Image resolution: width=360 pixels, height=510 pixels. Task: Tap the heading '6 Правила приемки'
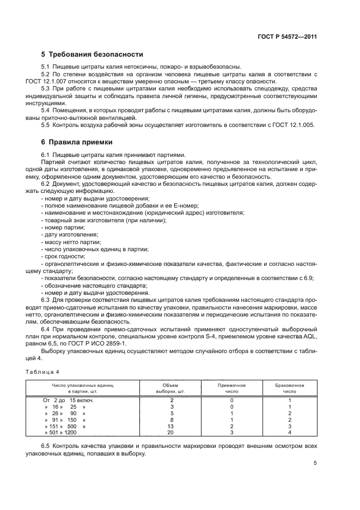[x=77, y=143]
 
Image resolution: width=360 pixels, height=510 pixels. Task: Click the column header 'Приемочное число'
[x=231, y=388]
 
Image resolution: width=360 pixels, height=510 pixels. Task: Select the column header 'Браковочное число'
[x=289, y=388]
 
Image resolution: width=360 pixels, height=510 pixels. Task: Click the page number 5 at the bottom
[x=315, y=463]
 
